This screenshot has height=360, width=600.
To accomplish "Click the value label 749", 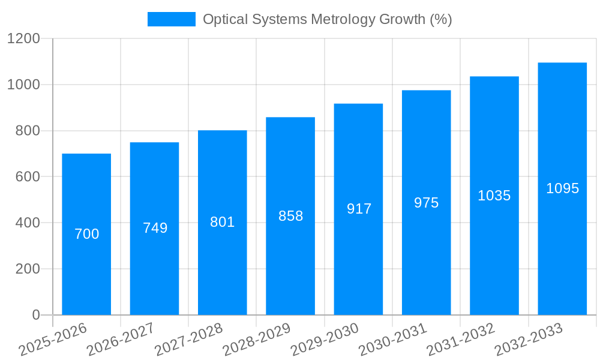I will [x=155, y=228].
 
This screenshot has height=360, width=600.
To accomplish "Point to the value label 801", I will [x=222, y=222].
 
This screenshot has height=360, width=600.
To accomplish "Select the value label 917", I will [x=359, y=209].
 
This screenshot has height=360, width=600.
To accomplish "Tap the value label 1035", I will [x=494, y=196].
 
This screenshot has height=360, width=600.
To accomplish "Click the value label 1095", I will [x=562, y=188].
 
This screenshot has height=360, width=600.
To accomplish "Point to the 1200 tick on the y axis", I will [x=23, y=39].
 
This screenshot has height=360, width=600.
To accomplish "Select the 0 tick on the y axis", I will [x=35, y=315].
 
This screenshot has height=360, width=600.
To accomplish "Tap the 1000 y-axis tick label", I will [x=23, y=85].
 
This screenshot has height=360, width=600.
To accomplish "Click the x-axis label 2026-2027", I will [x=121, y=339].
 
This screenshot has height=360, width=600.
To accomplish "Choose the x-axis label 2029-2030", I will [x=325, y=339].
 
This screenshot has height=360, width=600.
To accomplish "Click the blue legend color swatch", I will [x=172, y=19].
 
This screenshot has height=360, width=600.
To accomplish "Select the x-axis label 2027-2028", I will [x=189, y=339].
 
